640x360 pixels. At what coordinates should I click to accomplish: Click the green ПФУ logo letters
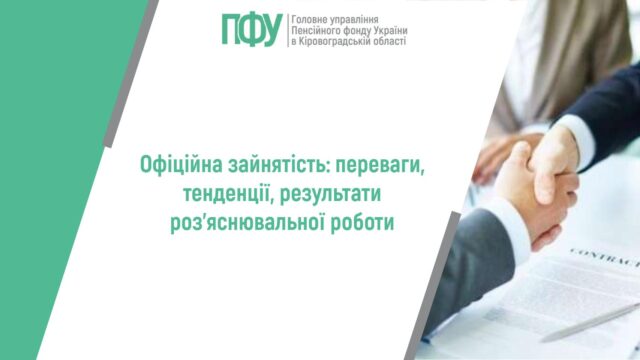252,30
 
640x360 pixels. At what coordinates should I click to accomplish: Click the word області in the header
394,43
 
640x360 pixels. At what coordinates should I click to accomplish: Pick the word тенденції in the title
213,192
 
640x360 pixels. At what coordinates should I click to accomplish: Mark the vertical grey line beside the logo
286,31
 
